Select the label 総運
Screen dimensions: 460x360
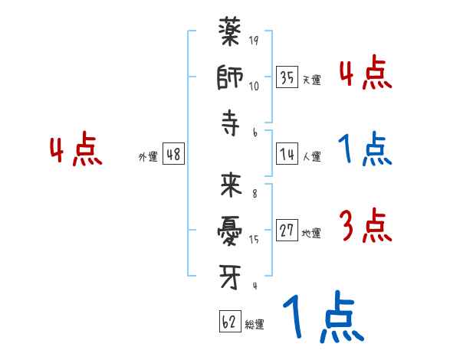(255, 325)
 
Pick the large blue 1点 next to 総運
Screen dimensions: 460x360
(322, 318)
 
